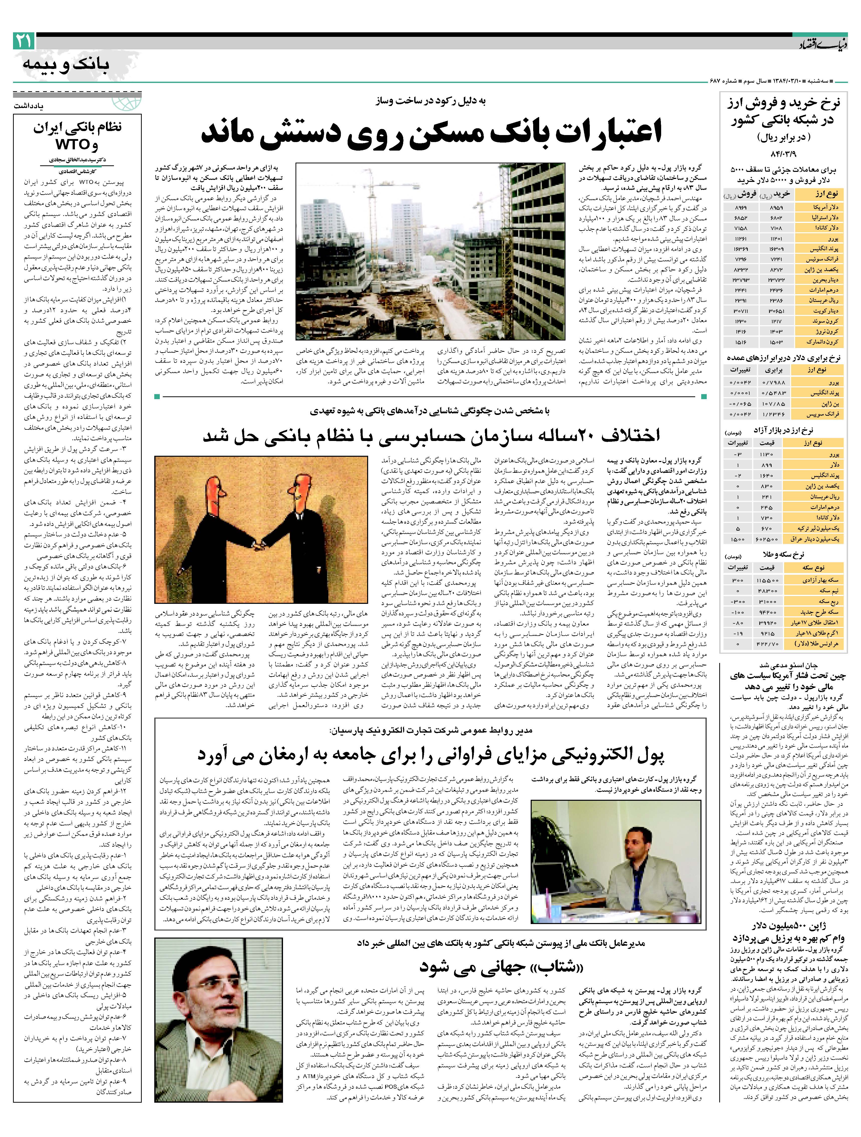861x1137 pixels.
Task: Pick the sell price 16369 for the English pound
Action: pos(740,249)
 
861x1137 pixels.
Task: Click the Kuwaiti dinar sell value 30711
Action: pos(740,311)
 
